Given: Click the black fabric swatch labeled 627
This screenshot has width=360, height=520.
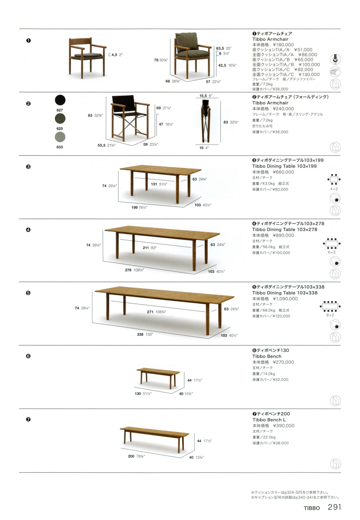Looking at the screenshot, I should tap(60, 100).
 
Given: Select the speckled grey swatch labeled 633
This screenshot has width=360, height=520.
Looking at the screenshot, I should tap(60, 137).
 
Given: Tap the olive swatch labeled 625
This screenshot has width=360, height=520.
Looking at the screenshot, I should tap(60, 118).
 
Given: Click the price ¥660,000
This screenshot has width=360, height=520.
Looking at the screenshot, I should tap(283, 172).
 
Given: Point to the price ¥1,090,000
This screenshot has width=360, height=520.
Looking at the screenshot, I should tap(285, 299).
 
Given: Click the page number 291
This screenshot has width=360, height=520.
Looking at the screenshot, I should tap(334, 507).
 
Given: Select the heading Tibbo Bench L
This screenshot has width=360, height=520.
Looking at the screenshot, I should tap(269, 420).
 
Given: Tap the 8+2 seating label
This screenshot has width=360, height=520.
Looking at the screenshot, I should tap(330, 315).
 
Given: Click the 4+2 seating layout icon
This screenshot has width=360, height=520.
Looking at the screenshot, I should tap(334, 179).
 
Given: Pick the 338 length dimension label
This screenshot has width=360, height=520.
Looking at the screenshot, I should tap(140, 334).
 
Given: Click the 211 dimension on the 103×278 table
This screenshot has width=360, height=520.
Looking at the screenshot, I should tap(146, 248).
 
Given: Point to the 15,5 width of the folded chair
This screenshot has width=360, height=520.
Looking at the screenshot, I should tap(203, 96).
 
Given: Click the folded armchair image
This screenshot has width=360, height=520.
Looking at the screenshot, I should tap(207, 121).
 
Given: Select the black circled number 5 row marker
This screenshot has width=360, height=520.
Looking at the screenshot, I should tap(28, 293).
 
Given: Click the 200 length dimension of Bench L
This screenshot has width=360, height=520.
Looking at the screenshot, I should tap(131, 456).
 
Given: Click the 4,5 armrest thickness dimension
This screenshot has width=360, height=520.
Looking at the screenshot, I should tap(114, 55).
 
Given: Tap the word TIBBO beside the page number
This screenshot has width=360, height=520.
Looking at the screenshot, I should tap(312, 508).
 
